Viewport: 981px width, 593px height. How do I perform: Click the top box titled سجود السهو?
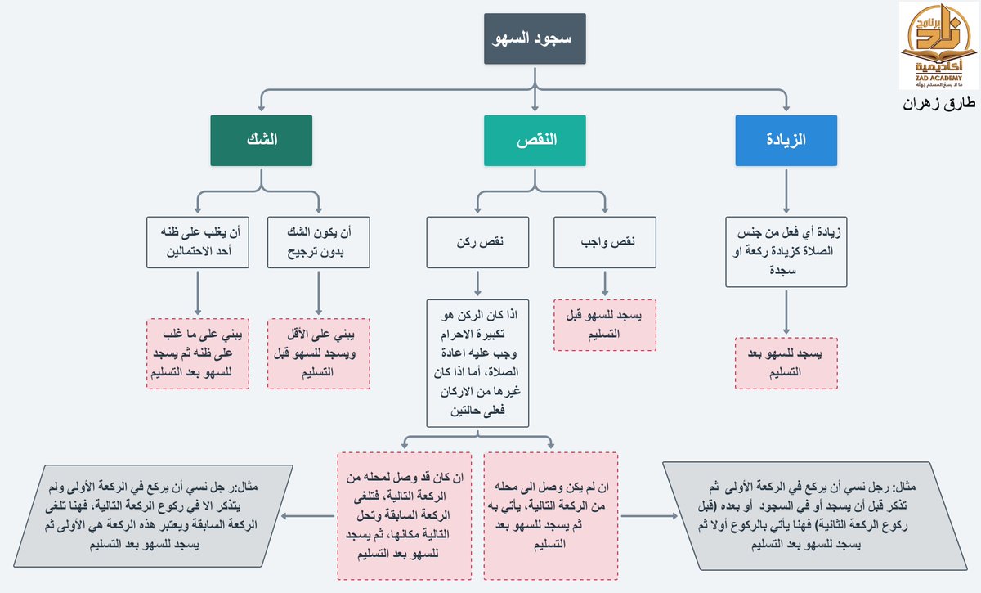[535, 38]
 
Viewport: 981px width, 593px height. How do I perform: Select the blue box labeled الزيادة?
[786, 139]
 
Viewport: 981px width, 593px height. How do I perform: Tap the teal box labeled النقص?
[535, 139]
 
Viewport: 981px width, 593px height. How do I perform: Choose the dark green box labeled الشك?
[261, 139]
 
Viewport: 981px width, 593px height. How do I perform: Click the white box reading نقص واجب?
[605, 242]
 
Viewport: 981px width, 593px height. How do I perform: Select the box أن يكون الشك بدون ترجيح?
[318, 242]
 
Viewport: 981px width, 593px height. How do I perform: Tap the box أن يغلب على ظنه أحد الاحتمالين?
[198, 242]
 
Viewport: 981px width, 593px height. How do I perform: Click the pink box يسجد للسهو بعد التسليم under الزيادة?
[786, 362]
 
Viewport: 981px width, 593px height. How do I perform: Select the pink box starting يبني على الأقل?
[318, 353]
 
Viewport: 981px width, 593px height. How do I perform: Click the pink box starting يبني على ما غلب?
[198, 353]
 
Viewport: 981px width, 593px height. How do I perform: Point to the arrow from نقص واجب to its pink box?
[605, 283]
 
